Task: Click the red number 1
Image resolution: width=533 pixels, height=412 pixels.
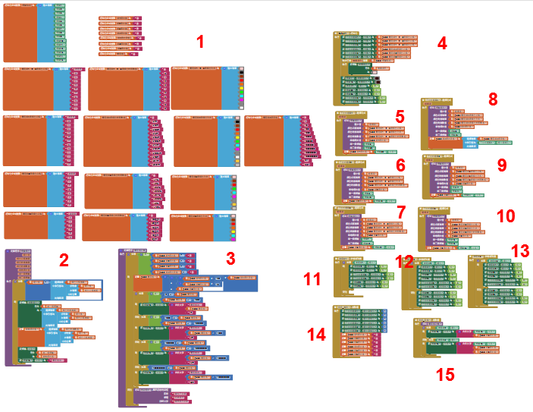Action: coord(200,42)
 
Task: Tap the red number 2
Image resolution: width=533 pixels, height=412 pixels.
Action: coord(64,261)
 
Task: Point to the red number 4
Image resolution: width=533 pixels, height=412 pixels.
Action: coord(441,43)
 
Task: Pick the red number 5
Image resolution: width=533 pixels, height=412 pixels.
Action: coord(400,117)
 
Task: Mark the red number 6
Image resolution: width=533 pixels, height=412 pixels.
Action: coord(401,165)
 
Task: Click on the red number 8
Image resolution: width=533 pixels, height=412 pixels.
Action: coord(493,99)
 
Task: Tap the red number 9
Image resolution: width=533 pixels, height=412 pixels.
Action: coord(502,165)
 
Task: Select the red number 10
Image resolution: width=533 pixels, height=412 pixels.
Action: coord(505,215)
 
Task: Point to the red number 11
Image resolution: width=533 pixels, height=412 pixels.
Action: coord(312,279)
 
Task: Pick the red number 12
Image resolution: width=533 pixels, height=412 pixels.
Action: coord(404,262)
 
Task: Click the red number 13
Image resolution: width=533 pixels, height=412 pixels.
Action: coord(520,250)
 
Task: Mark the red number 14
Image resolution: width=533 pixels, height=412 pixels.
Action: coord(317,334)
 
